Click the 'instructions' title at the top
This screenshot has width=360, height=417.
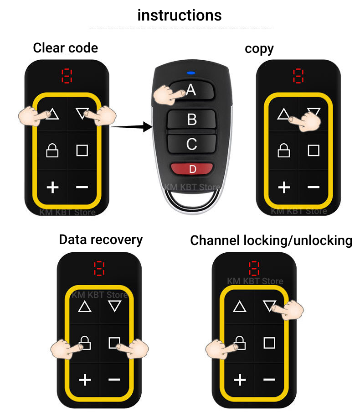(180, 15)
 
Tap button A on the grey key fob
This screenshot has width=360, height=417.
(191, 90)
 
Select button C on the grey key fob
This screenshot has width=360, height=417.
(192, 144)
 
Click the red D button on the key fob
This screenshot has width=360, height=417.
(192, 169)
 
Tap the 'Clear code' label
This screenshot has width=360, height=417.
(65, 48)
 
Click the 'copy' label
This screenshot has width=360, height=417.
(259, 49)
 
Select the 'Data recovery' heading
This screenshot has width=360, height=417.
(101, 240)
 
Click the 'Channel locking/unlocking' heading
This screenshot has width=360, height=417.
(271, 240)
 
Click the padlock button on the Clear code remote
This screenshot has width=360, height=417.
(52, 150)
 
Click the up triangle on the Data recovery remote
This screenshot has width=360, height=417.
(85, 307)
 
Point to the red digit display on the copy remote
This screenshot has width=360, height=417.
(298, 76)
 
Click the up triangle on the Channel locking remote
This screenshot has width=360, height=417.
(240, 307)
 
